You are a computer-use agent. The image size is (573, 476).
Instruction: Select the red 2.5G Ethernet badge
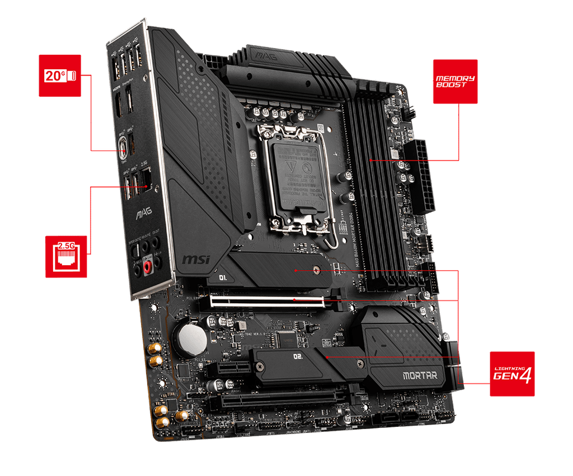pyautogui.click(x=67, y=256)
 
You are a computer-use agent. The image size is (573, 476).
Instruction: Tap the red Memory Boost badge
pyautogui.click(x=455, y=82)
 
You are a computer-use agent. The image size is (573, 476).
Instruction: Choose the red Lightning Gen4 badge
pyautogui.click(x=512, y=374)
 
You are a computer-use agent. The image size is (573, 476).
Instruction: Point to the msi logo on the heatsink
pyautogui.click(x=196, y=259)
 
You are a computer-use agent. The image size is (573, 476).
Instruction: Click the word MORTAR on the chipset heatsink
pyautogui.click(x=420, y=375)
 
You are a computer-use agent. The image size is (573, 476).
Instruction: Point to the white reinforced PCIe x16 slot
pyautogui.click(x=274, y=301)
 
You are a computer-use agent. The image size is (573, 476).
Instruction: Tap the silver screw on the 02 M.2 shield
pyautogui.click(x=261, y=367)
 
